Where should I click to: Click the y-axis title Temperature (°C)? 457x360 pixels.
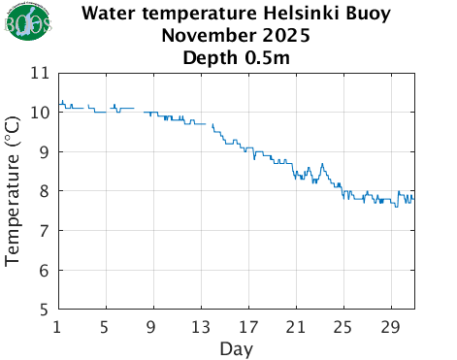13,191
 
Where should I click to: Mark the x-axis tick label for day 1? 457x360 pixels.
58,325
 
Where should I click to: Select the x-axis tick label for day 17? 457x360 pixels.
248,325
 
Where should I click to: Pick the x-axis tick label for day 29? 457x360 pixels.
391,325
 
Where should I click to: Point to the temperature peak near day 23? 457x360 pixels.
321,164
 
